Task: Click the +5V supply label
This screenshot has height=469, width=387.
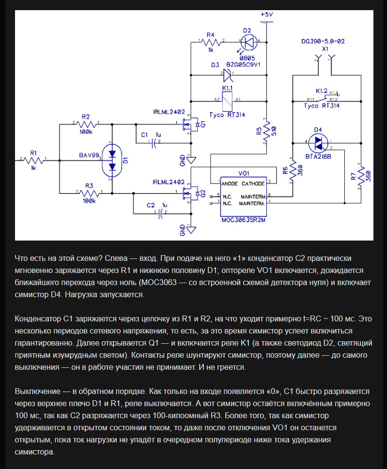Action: [x=267, y=15]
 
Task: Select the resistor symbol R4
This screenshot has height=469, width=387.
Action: [x=211, y=42]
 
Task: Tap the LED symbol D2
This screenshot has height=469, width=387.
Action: [x=249, y=42]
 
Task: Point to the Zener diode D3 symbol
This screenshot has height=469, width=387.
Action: [x=228, y=75]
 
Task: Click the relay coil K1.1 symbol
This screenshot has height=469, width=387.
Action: [x=227, y=101]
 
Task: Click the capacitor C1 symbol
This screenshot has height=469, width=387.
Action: [x=155, y=143]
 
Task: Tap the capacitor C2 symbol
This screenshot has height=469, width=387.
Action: [x=161, y=213]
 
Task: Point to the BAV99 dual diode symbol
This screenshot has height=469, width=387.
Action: [x=112, y=160]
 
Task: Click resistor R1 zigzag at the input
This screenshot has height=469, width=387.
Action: [x=33, y=160]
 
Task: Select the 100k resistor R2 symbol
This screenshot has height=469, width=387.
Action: [x=86, y=124]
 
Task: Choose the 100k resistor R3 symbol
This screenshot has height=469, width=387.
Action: [x=89, y=193]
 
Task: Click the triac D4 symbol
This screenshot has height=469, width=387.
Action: [x=318, y=143]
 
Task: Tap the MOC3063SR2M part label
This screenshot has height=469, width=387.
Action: [x=243, y=220]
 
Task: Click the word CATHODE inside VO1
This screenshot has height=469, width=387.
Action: [x=253, y=183]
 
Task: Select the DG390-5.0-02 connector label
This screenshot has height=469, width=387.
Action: [x=323, y=41]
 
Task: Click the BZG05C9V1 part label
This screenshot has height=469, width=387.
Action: [x=243, y=64]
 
